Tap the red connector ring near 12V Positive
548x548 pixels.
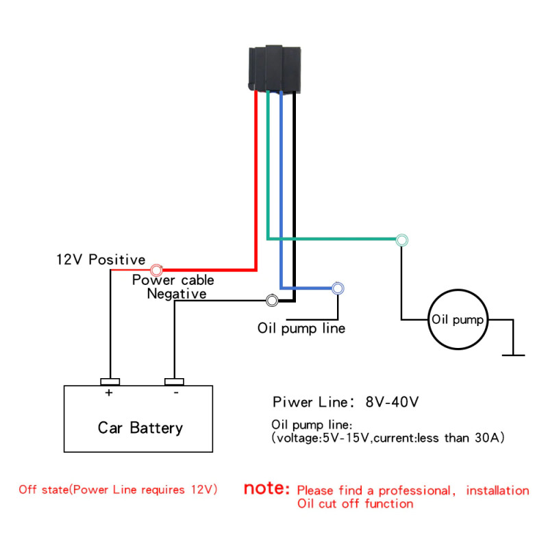tap(157, 270)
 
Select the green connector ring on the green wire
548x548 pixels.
tap(402, 240)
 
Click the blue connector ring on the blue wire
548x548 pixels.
tap(338, 288)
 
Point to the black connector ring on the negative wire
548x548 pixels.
tap(272, 301)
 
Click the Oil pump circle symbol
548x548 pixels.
tap(457, 320)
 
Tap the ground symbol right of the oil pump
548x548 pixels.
tap(513, 354)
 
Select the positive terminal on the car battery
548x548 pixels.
tap(110, 382)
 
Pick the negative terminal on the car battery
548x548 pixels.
tap(175, 382)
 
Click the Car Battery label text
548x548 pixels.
tap(140, 428)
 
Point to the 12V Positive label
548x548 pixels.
tap(101, 260)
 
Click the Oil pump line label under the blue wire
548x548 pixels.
tap(301, 328)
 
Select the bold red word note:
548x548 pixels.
tap(267, 490)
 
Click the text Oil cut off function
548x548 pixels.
tap(355, 504)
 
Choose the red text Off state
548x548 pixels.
tap(45, 490)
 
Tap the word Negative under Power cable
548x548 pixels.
tap(177, 294)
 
